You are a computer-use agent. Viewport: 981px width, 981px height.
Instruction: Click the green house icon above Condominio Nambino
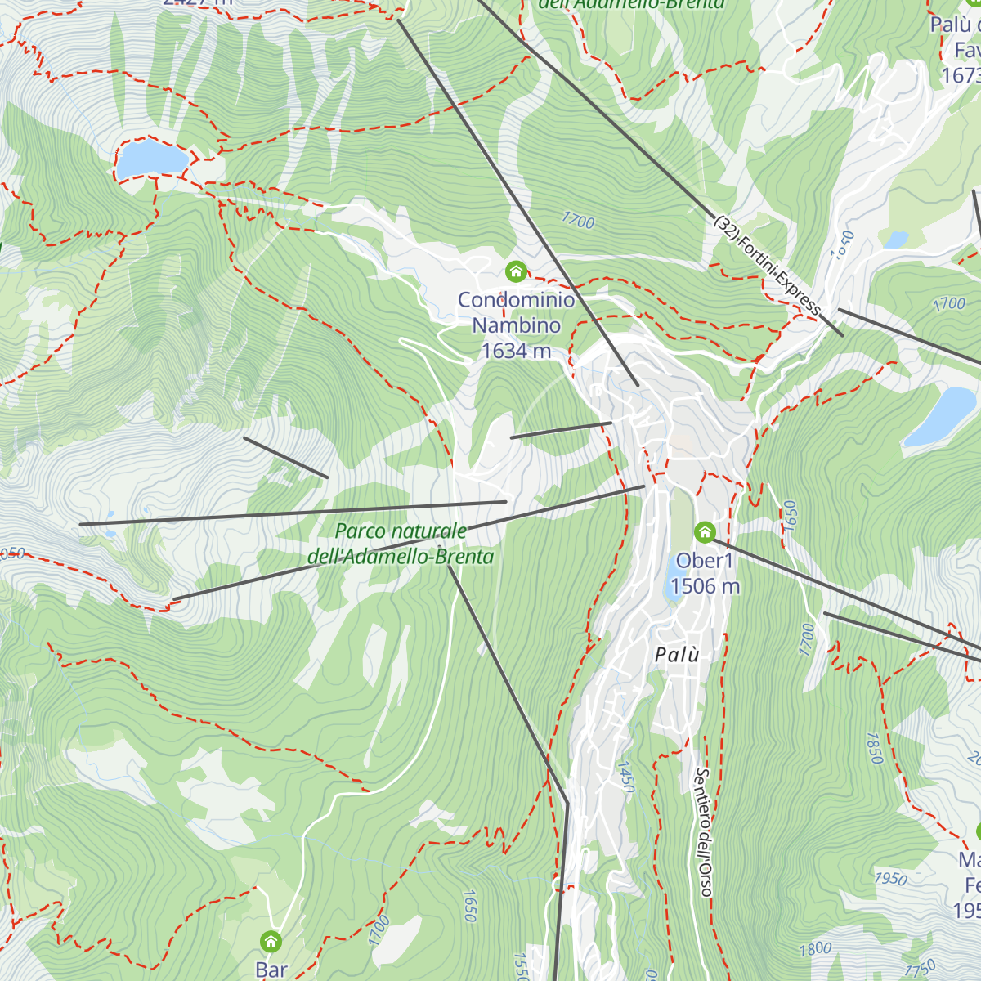pyautogui.click(x=515, y=271)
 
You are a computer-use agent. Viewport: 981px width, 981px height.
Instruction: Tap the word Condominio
pyautogui.click(x=516, y=300)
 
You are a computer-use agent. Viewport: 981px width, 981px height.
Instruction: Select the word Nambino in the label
pyautogui.click(x=517, y=325)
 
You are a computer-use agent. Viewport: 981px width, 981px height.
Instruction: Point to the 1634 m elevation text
pyautogui.click(x=516, y=351)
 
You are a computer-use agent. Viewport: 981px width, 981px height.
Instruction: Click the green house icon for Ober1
pyautogui.click(x=705, y=532)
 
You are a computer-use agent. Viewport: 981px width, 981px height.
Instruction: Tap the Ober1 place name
pyautogui.click(x=705, y=561)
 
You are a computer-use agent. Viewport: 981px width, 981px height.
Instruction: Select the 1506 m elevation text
pyautogui.click(x=705, y=586)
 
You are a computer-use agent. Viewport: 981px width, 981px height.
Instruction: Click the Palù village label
pyautogui.click(x=677, y=655)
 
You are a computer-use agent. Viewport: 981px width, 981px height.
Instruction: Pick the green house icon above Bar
pyautogui.click(x=271, y=941)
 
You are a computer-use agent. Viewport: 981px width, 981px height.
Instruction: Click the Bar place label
pyautogui.click(x=271, y=970)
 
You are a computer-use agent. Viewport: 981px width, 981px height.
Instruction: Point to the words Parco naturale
pyautogui.click(x=401, y=531)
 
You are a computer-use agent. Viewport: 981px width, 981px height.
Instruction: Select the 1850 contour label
pyautogui.click(x=874, y=747)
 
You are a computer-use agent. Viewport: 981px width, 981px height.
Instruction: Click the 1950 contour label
pyautogui.click(x=890, y=879)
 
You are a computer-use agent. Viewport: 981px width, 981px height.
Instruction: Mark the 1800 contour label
pyautogui.click(x=815, y=949)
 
